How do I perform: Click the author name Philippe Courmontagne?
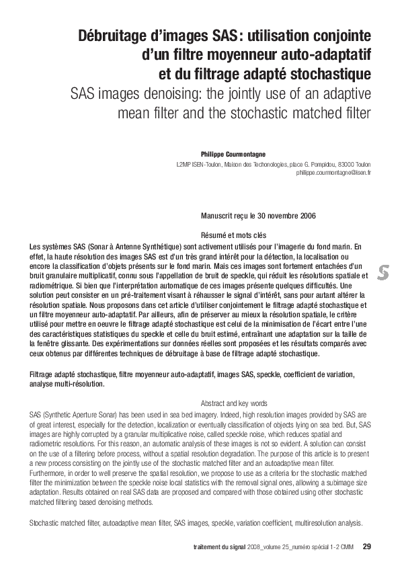(x=235, y=153)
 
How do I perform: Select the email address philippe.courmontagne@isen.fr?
(x=333, y=172)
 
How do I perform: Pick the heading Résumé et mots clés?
(x=233, y=235)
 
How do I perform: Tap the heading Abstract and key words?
(x=233, y=403)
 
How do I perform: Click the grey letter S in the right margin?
(x=383, y=272)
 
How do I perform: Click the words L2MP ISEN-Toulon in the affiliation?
(x=198, y=164)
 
